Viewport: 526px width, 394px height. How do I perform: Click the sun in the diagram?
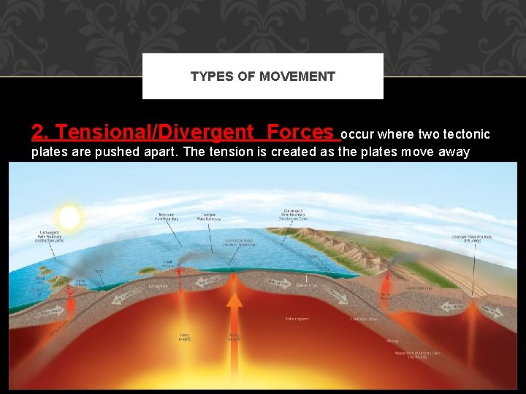(x=69, y=217)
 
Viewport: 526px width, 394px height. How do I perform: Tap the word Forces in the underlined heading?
(x=300, y=132)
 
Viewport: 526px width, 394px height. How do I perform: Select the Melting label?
(x=392, y=340)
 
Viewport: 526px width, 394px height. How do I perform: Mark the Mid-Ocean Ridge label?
(x=239, y=242)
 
